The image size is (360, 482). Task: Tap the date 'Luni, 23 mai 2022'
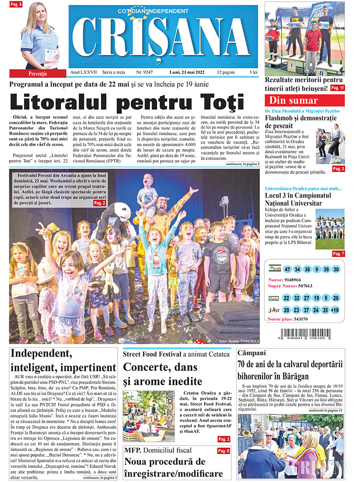[x=189, y=71]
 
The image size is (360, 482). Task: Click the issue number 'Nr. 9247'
[x=144, y=71]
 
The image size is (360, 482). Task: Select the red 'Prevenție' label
[x=34, y=73]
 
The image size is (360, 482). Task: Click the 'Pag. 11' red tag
[x=337, y=87]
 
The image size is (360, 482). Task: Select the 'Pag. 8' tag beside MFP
[x=223, y=451]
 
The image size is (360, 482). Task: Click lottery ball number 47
[x=288, y=269]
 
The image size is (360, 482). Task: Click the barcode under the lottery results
[x=305, y=333]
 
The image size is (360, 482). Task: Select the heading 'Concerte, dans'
[x=160, y=366]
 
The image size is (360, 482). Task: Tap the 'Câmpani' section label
[x=251, y=353]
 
